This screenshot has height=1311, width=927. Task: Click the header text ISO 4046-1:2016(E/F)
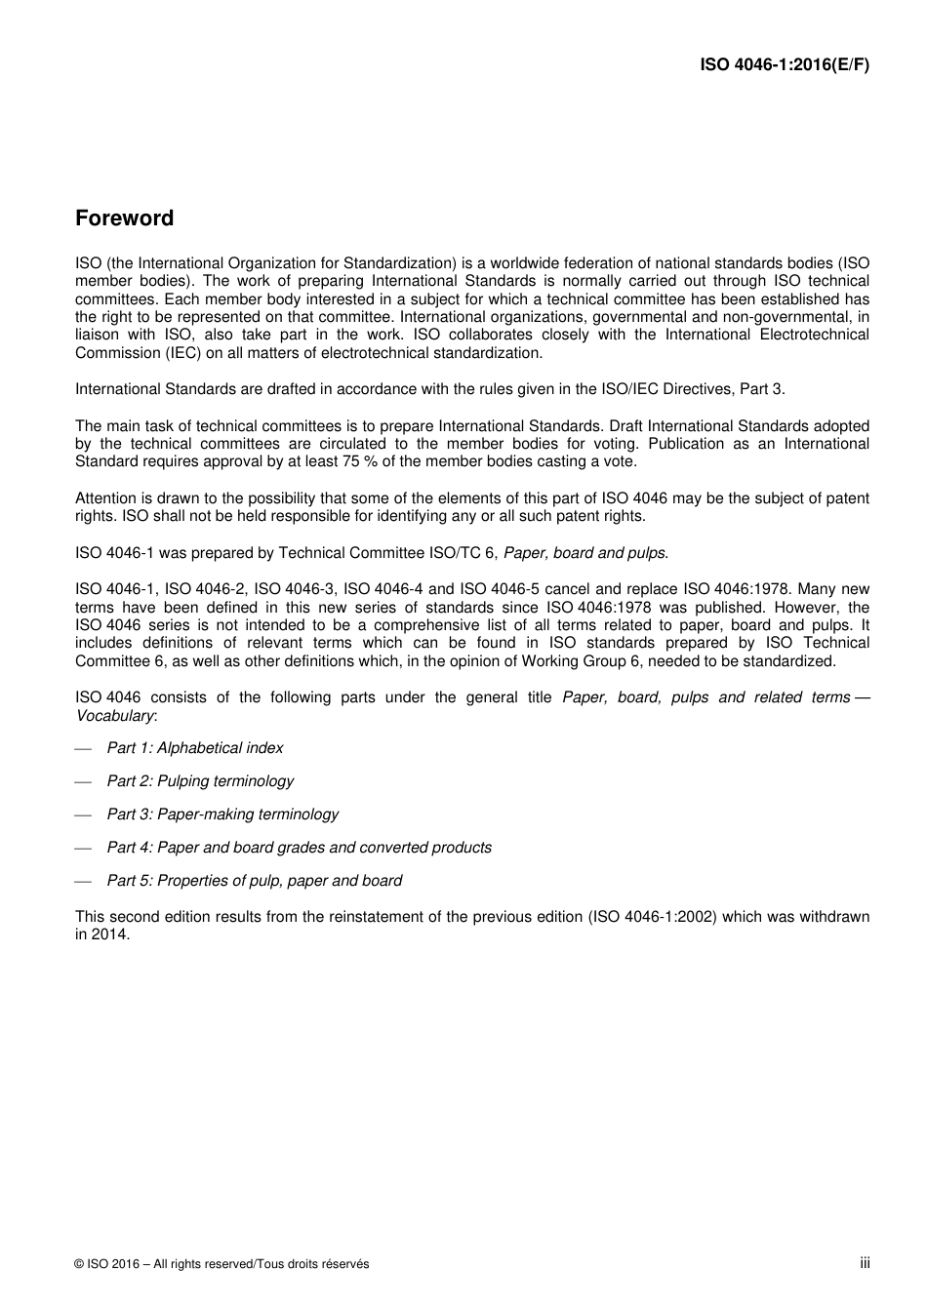[785, 65]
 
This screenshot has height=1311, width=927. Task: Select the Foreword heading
[124, 218]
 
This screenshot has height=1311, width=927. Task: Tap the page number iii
[865, 1263]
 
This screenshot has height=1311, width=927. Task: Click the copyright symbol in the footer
[79, 1264]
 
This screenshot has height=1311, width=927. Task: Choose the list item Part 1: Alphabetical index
[194, 748]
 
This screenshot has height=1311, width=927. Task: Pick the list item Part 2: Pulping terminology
[200, 781]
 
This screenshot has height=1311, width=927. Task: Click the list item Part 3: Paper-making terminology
[222, 814]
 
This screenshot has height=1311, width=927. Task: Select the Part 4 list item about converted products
[299, 848]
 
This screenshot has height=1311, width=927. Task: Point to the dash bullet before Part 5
[83, 881]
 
